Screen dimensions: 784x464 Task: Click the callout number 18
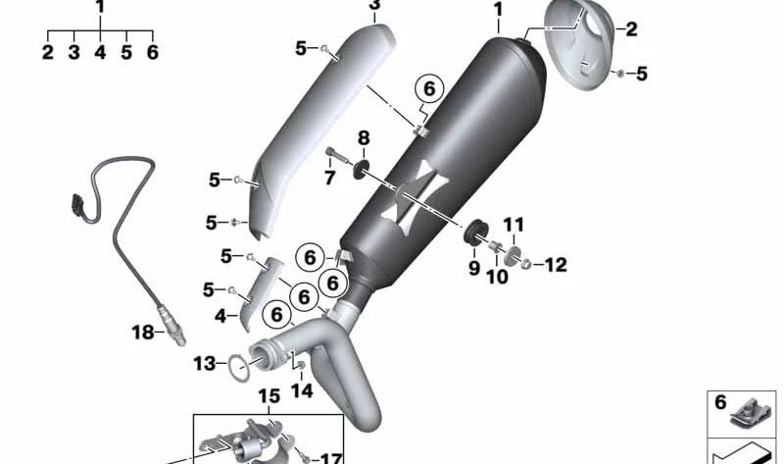point(142,332)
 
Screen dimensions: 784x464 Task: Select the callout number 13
point(205,363)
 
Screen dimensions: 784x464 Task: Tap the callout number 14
point(302,390)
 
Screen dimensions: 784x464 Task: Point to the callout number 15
point(269,396)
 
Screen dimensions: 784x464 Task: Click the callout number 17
point(331,458)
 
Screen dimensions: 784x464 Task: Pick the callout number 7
point(329,178)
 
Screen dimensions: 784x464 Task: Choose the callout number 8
point(364,137)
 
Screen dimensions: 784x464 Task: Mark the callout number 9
point(474,268)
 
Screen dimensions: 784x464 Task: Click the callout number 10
point(497,277)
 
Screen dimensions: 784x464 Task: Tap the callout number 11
point(513,225)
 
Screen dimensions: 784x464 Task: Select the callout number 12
point(556,265)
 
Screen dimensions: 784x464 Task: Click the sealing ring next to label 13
point(238,367)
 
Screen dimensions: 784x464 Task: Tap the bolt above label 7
point(337,154)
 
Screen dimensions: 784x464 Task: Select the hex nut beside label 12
point(526,263)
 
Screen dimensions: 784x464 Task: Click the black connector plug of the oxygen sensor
point(77,207)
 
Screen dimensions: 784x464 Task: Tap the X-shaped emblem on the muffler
point(414,198)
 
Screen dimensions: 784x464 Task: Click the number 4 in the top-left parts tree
point(100,52)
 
